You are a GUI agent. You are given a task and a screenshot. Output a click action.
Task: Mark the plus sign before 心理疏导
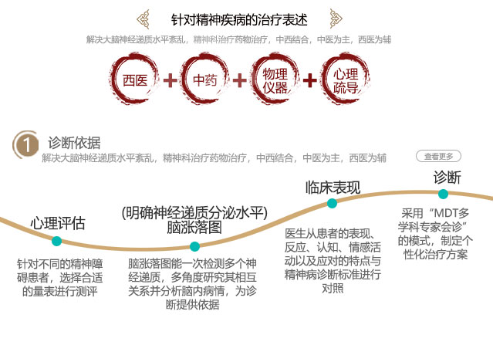coord(310,80)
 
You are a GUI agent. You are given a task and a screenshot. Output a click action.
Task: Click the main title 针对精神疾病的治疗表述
coord(246,19)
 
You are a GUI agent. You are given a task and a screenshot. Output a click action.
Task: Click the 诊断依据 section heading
coord(74,143)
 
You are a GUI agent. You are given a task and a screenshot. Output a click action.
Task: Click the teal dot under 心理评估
coord(56,242)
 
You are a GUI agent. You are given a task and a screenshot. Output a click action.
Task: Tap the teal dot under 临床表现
coord(332,204)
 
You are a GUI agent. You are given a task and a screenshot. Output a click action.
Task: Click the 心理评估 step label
coord(58,224)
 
